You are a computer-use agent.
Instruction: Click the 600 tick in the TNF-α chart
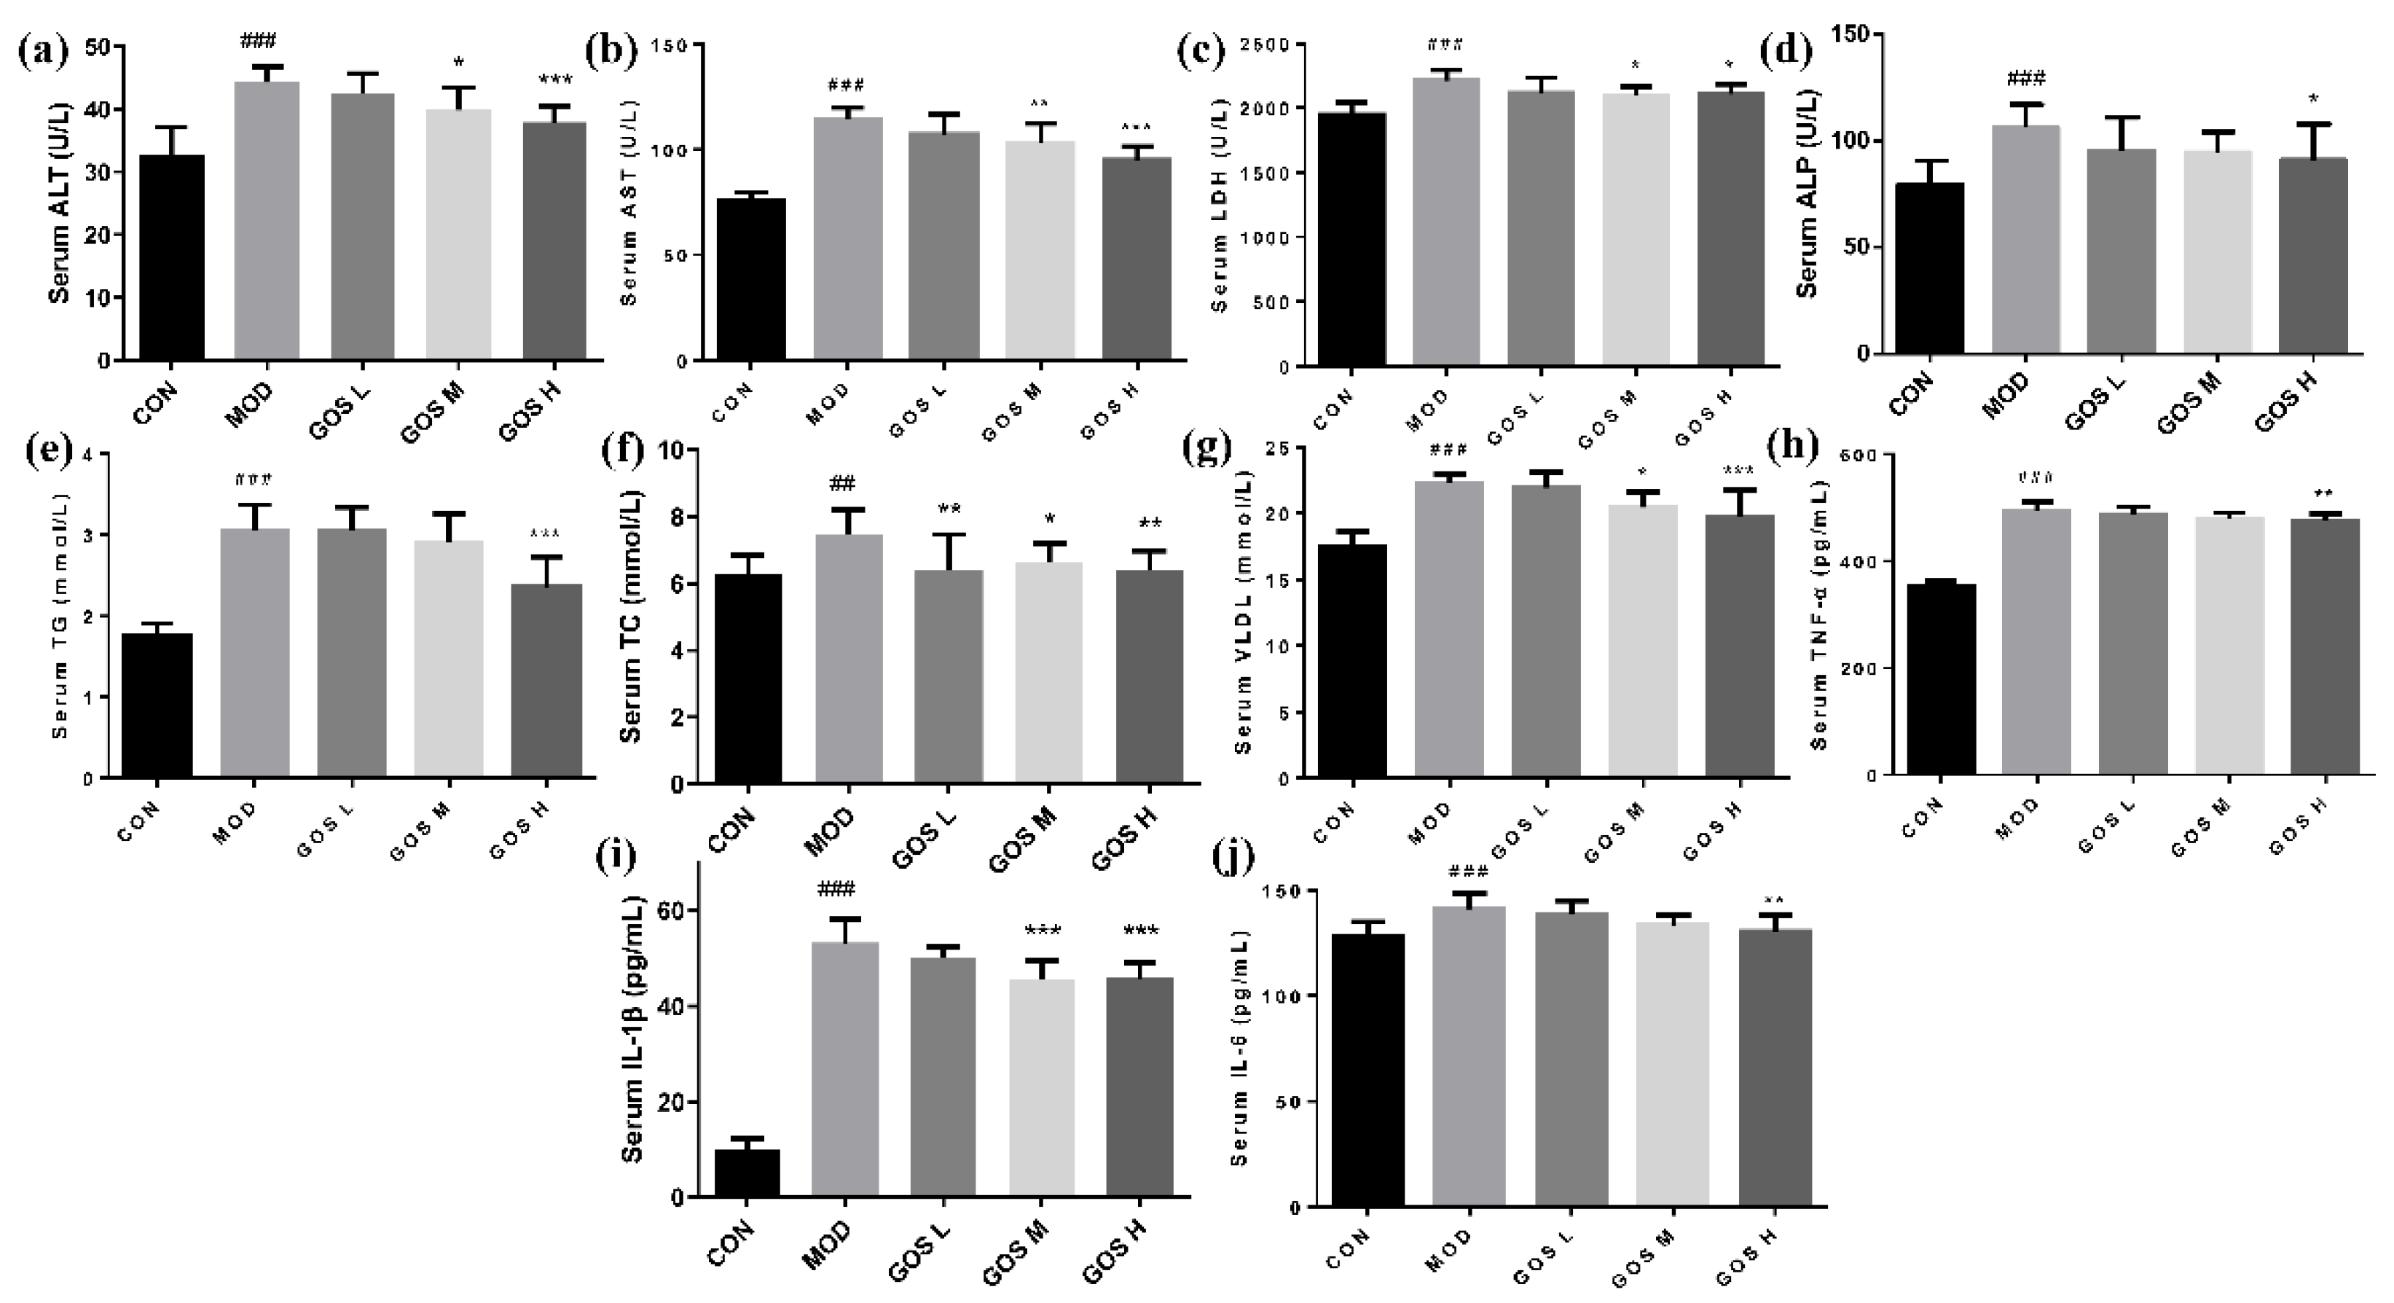coord(1865,455)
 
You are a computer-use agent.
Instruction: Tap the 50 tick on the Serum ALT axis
coord(94,47)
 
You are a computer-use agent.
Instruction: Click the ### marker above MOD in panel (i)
coord(836,889)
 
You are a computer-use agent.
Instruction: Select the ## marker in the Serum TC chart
coord(842,483)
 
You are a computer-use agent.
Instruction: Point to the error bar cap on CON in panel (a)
coord(172,128)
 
